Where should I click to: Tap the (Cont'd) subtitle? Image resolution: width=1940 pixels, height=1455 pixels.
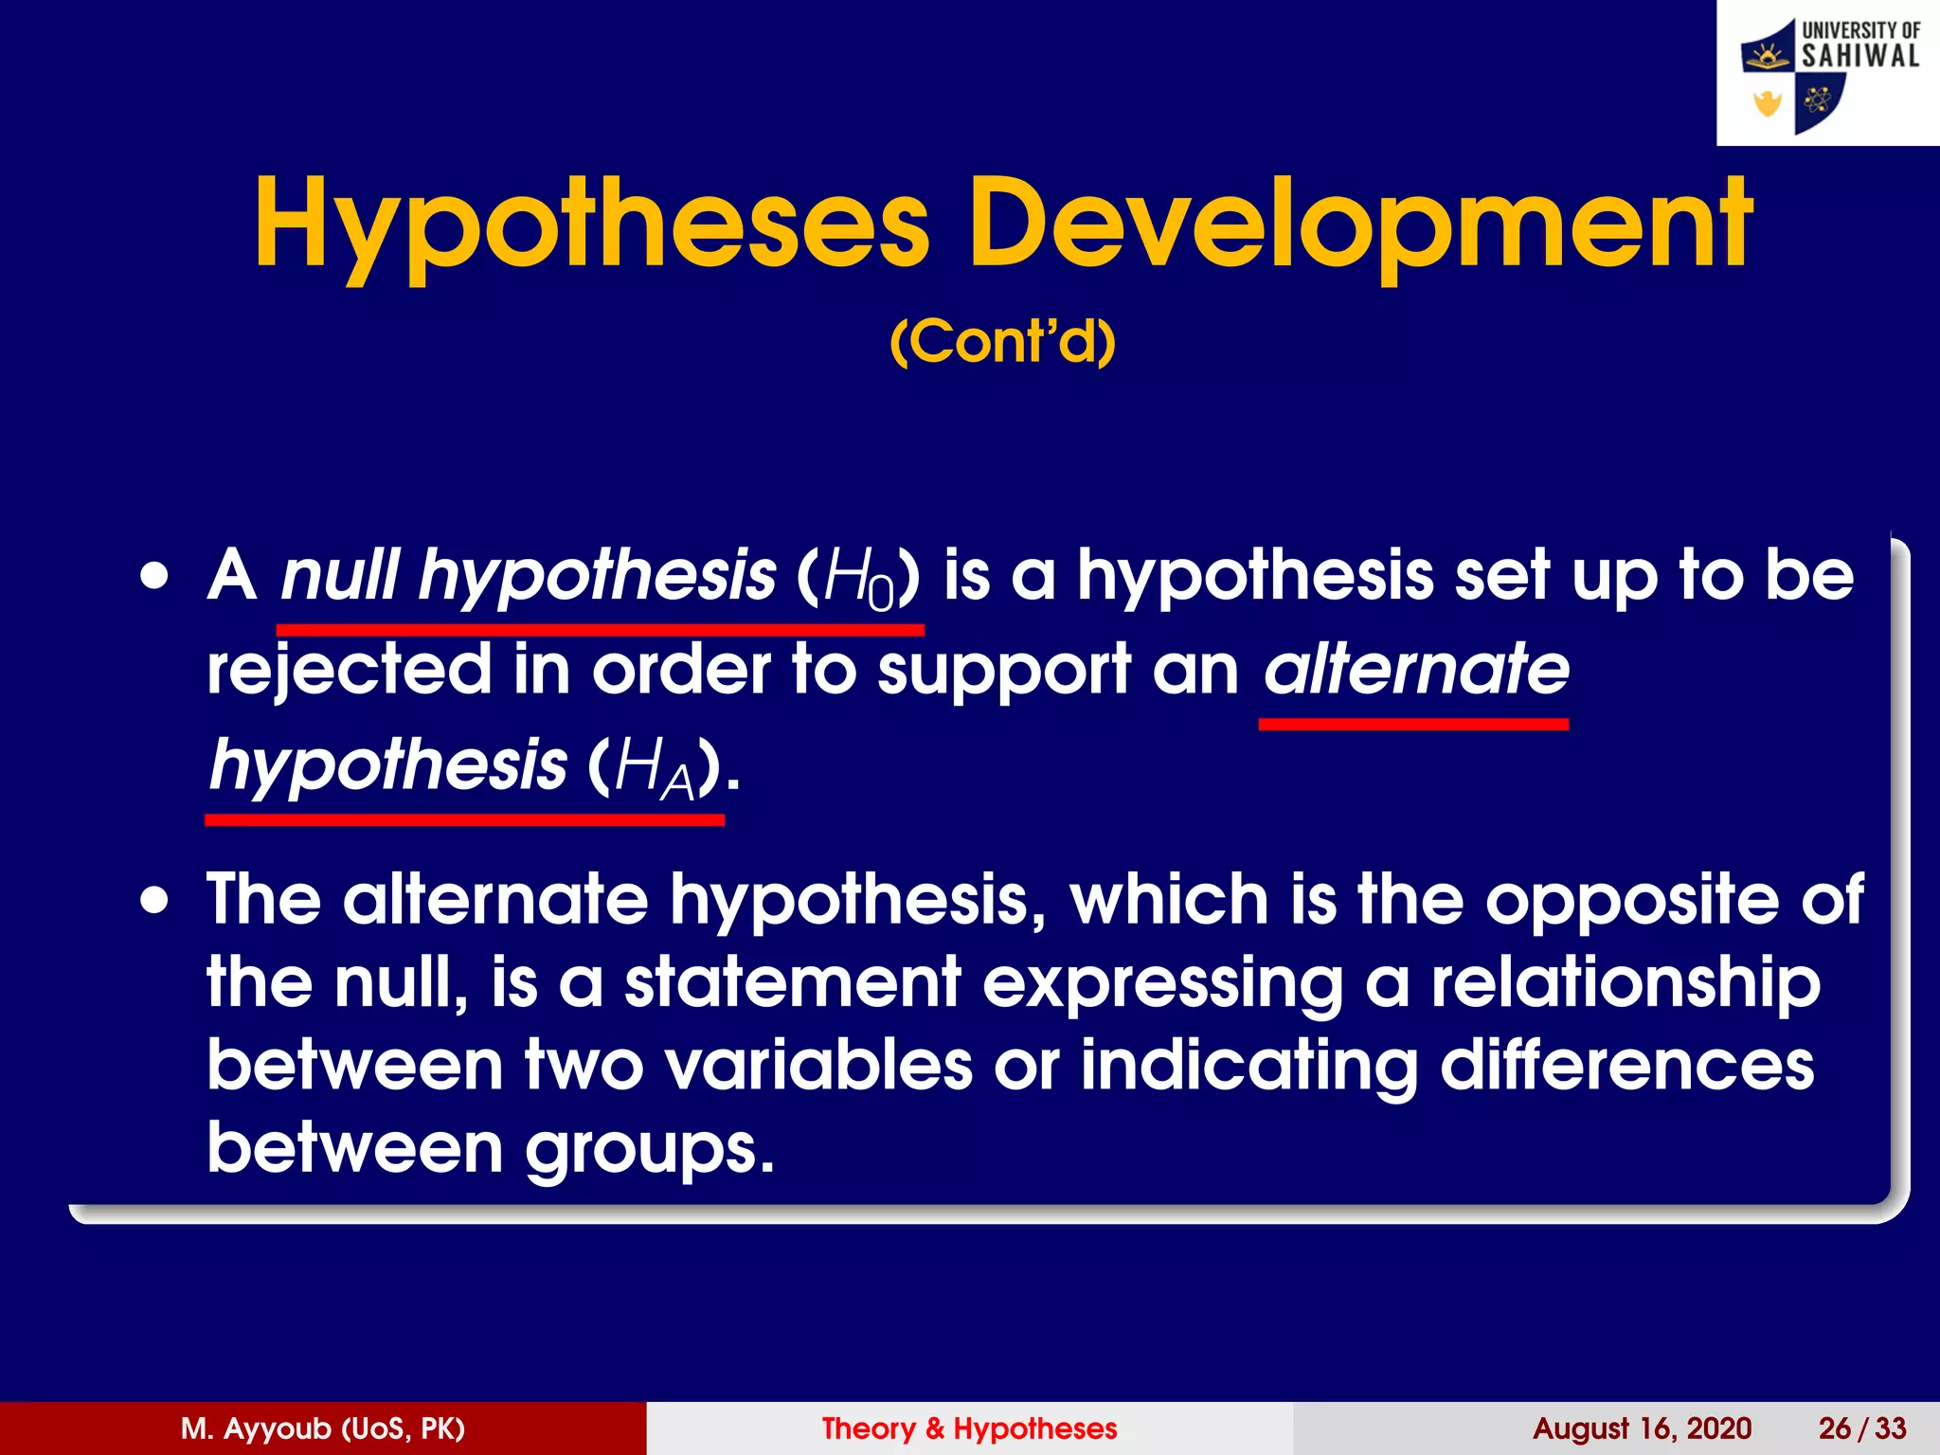[x=1002, y=342]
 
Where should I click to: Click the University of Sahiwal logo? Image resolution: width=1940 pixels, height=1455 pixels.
[x=1828, y=74]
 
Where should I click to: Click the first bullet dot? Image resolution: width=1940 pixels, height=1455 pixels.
[x=154, y=575]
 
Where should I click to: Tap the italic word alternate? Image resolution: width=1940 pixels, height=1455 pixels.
[x=1415, y=669]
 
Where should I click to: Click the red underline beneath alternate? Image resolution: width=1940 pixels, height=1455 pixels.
[x=1412, y=724]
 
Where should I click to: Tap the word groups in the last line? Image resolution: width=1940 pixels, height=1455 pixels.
[x=648, y=1149]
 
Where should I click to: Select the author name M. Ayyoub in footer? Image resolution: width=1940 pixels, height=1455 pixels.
[x=322, y=1428]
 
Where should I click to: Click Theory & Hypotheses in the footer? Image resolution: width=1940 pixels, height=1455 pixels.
[x=969, y=1428]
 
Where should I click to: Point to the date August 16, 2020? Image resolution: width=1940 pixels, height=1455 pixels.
[x=1641, y=1428]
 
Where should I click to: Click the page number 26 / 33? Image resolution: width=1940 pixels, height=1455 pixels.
[x=1861, y=1428]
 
